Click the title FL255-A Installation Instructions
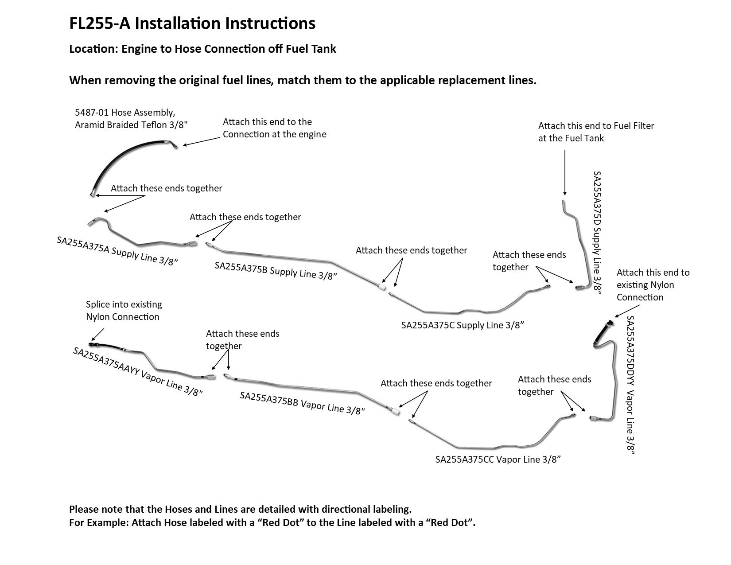pos(192,23)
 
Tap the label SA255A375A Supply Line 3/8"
pos(117,251)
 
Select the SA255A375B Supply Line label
pos(276,271)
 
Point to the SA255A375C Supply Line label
pos(463,325)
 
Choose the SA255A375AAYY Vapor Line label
pos(138,371)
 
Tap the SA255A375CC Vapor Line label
pos(498,460)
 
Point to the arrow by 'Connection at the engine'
pos(202,140)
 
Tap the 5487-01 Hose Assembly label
pos(131,119)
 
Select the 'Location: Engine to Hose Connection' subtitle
pos(202,49)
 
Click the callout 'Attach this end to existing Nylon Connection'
pos(653,285)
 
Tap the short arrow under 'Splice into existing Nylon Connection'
pos(98,334)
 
